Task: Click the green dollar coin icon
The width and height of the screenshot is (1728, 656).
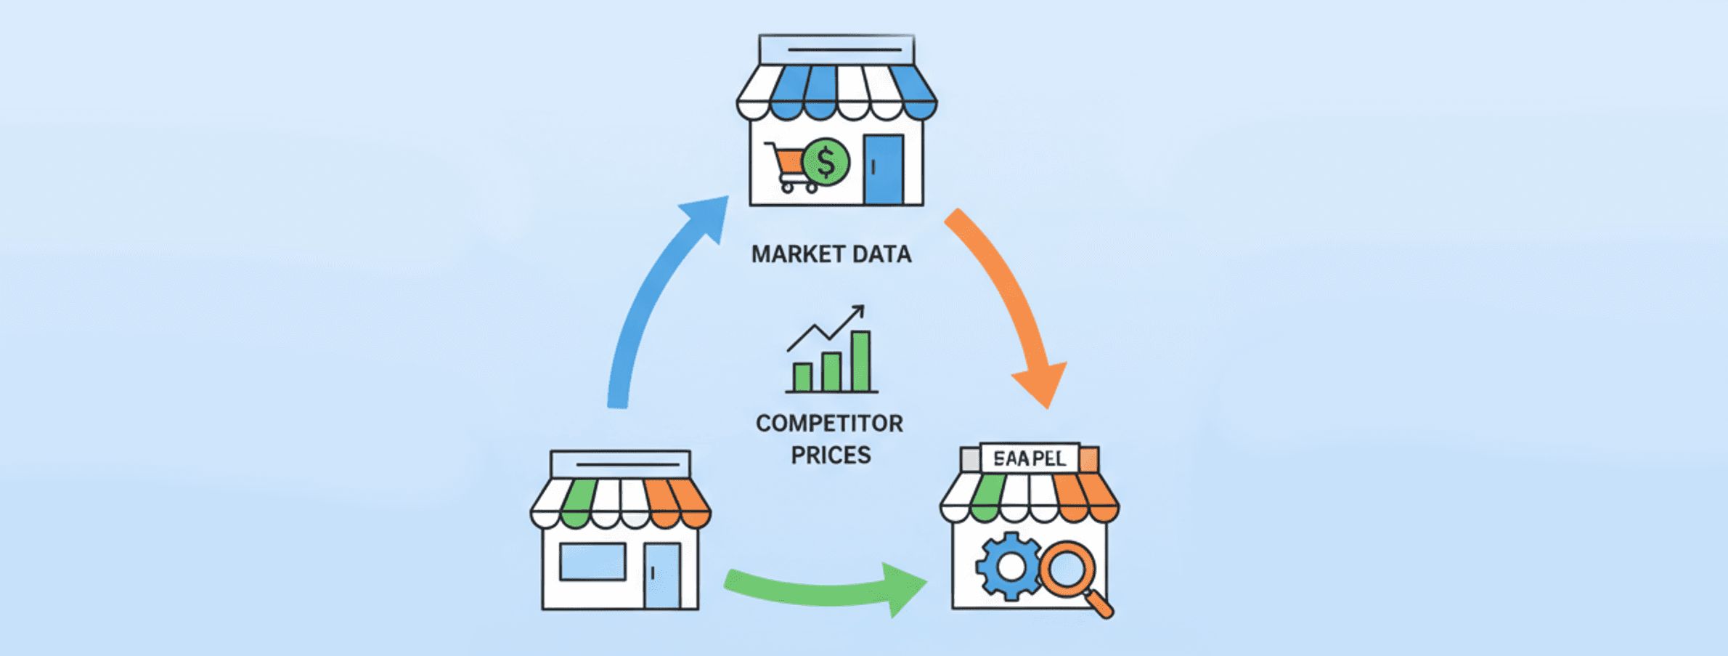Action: click(826, 162)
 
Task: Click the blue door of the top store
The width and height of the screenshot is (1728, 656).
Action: click(884, 169)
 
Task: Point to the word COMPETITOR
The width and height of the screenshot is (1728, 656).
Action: click(829, 424)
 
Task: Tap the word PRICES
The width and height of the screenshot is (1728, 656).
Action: click(831, 455)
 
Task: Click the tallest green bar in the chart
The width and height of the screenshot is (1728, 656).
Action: click(861, 361)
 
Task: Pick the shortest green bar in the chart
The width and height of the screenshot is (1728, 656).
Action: click(802, 377)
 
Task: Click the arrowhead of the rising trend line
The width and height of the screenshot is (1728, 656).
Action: click(859, 310)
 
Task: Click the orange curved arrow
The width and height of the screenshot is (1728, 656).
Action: click(1009, 298)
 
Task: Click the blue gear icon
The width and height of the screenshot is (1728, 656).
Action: click(1010, 567)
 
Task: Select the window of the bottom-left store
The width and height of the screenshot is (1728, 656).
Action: click(592, 562)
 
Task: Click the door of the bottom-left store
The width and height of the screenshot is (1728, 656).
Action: click(662, 575)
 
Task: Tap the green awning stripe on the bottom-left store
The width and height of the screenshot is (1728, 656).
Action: click(578, 502)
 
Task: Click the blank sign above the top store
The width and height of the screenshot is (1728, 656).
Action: click(836, 50)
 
